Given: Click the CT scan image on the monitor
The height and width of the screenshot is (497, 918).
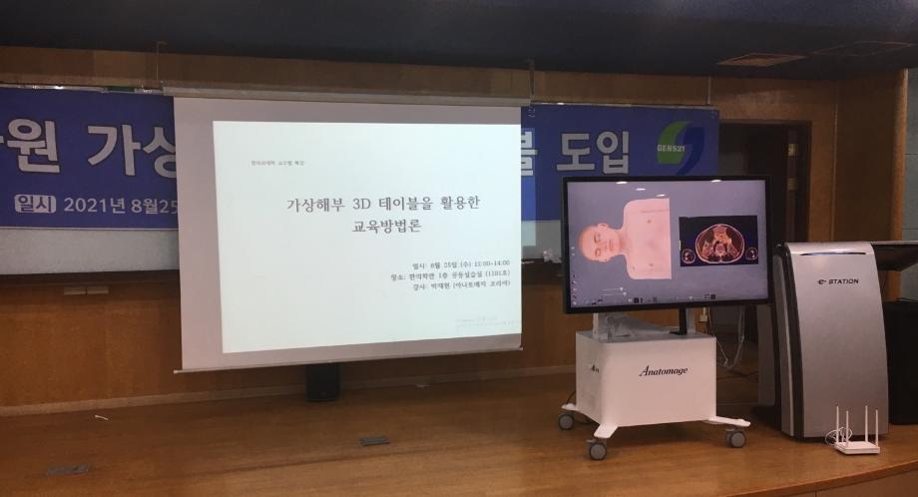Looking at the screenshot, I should pyautogui.click(x=718, y=241).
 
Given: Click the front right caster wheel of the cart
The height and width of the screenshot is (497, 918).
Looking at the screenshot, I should pyautogui.click(x=735, y=437).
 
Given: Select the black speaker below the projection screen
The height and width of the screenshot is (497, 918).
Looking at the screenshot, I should pyautogui.click(x=321, y=382).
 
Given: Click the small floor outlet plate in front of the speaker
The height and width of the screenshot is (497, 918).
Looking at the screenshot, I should pyautogui.click(x=373, y=440).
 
